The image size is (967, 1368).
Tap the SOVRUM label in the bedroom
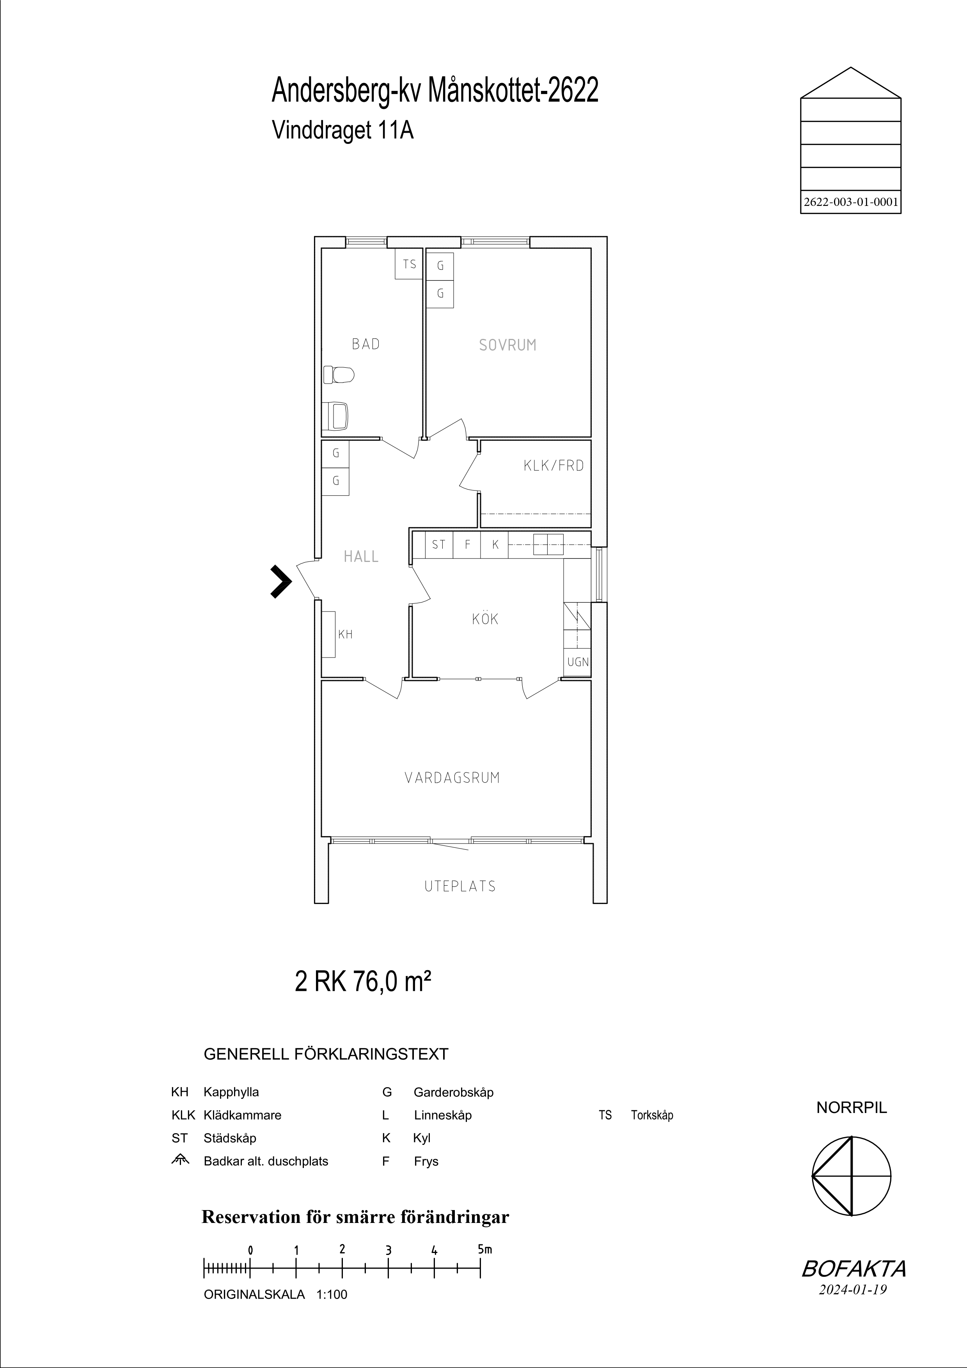click(x=507, y=345)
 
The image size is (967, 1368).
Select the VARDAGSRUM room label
click(x=452, y=778)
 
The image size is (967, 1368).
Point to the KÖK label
click(x=485, y=618)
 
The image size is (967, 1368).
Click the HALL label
click(x=361, y=556)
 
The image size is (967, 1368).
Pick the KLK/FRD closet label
click(x=554, y=466)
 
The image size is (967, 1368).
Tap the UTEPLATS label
click(x=460, y=886)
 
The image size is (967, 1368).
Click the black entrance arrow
click(x=281, y=581)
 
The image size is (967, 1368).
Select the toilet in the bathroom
click(x=339, y=375)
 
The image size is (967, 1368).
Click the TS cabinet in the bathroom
click(x=409, y=264)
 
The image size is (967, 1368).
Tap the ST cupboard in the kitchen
click(x=438, y=544)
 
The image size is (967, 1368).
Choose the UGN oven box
click(x=577, y=662)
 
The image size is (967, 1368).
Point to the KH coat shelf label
click(x=346, y=634)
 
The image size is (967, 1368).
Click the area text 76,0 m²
click(x=392, y=982)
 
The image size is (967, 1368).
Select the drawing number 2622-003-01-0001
click(x=851, y=202)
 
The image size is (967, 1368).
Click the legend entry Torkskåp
click(x=652, y=1115)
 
